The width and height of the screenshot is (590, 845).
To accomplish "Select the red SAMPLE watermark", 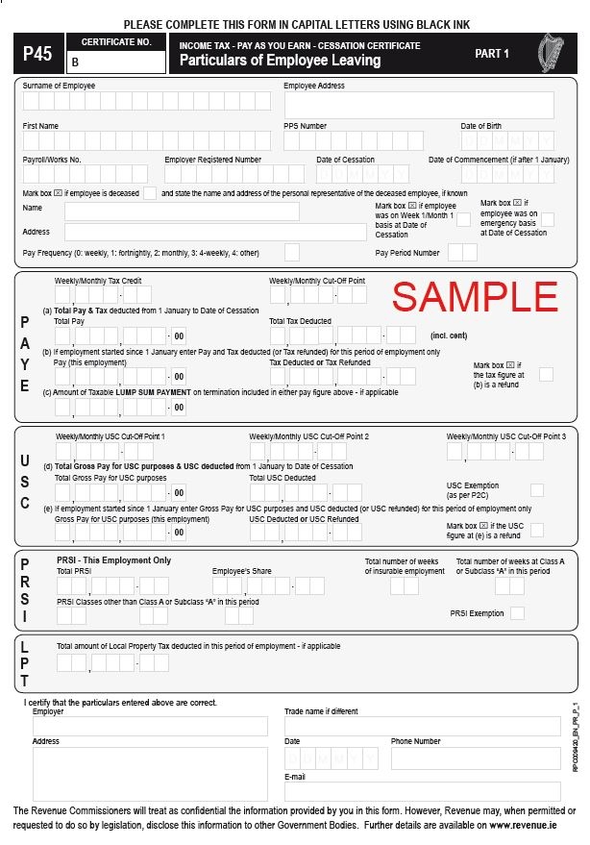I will tap(476, 296).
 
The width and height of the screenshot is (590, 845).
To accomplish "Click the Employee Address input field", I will tap(418, 105).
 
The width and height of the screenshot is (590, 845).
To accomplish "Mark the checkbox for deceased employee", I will tap(150, 193).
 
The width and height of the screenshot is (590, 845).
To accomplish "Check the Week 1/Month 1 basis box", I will tap(463, 219).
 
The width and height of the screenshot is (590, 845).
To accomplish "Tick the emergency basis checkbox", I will tap(548, 219).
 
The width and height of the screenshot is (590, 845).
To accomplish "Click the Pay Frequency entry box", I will tap(292, 252).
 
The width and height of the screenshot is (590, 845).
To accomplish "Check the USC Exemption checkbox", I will tap(536, 489).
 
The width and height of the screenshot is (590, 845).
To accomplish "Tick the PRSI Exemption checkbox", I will tap(517, 613).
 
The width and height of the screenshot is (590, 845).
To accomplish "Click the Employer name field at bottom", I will tap(149, 727).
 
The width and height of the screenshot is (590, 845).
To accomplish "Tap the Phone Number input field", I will tap(475, 758).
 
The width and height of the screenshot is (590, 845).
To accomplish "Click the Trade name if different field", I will tap(422, 727).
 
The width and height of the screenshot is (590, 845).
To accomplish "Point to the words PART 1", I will tap(492, 54).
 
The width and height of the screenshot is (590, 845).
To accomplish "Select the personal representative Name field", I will tap(182, 211).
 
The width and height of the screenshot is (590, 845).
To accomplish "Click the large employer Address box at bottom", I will tap(149, 774).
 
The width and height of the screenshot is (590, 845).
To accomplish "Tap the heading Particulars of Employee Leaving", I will tap(280, 61).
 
